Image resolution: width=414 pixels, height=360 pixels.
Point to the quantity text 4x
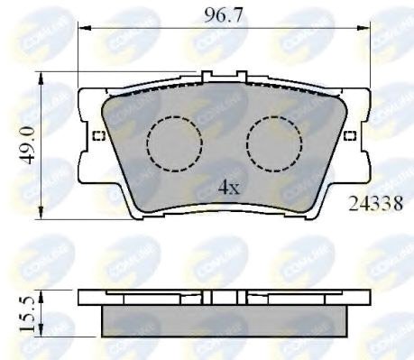pos(227,188)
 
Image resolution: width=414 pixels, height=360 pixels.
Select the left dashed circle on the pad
pos(174,144)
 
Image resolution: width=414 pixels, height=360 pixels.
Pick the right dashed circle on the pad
pos(274,144)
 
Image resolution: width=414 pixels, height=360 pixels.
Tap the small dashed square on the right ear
pos(349,136)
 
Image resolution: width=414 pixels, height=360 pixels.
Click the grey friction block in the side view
pos(224,319)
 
